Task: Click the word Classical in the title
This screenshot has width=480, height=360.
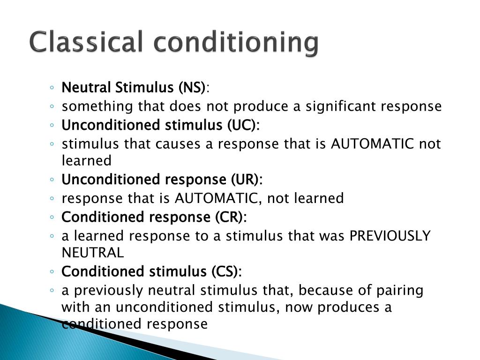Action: click(85, 42)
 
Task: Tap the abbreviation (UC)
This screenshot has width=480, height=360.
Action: click(243, 125)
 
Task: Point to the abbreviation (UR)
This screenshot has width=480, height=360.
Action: click(246, 180)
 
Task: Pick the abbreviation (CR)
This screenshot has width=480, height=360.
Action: click(231, 217)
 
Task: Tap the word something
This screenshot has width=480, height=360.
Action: click(97, 107)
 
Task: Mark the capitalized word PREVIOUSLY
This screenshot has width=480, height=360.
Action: click(390, 236)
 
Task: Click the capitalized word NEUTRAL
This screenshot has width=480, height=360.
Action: click(93, 253)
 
